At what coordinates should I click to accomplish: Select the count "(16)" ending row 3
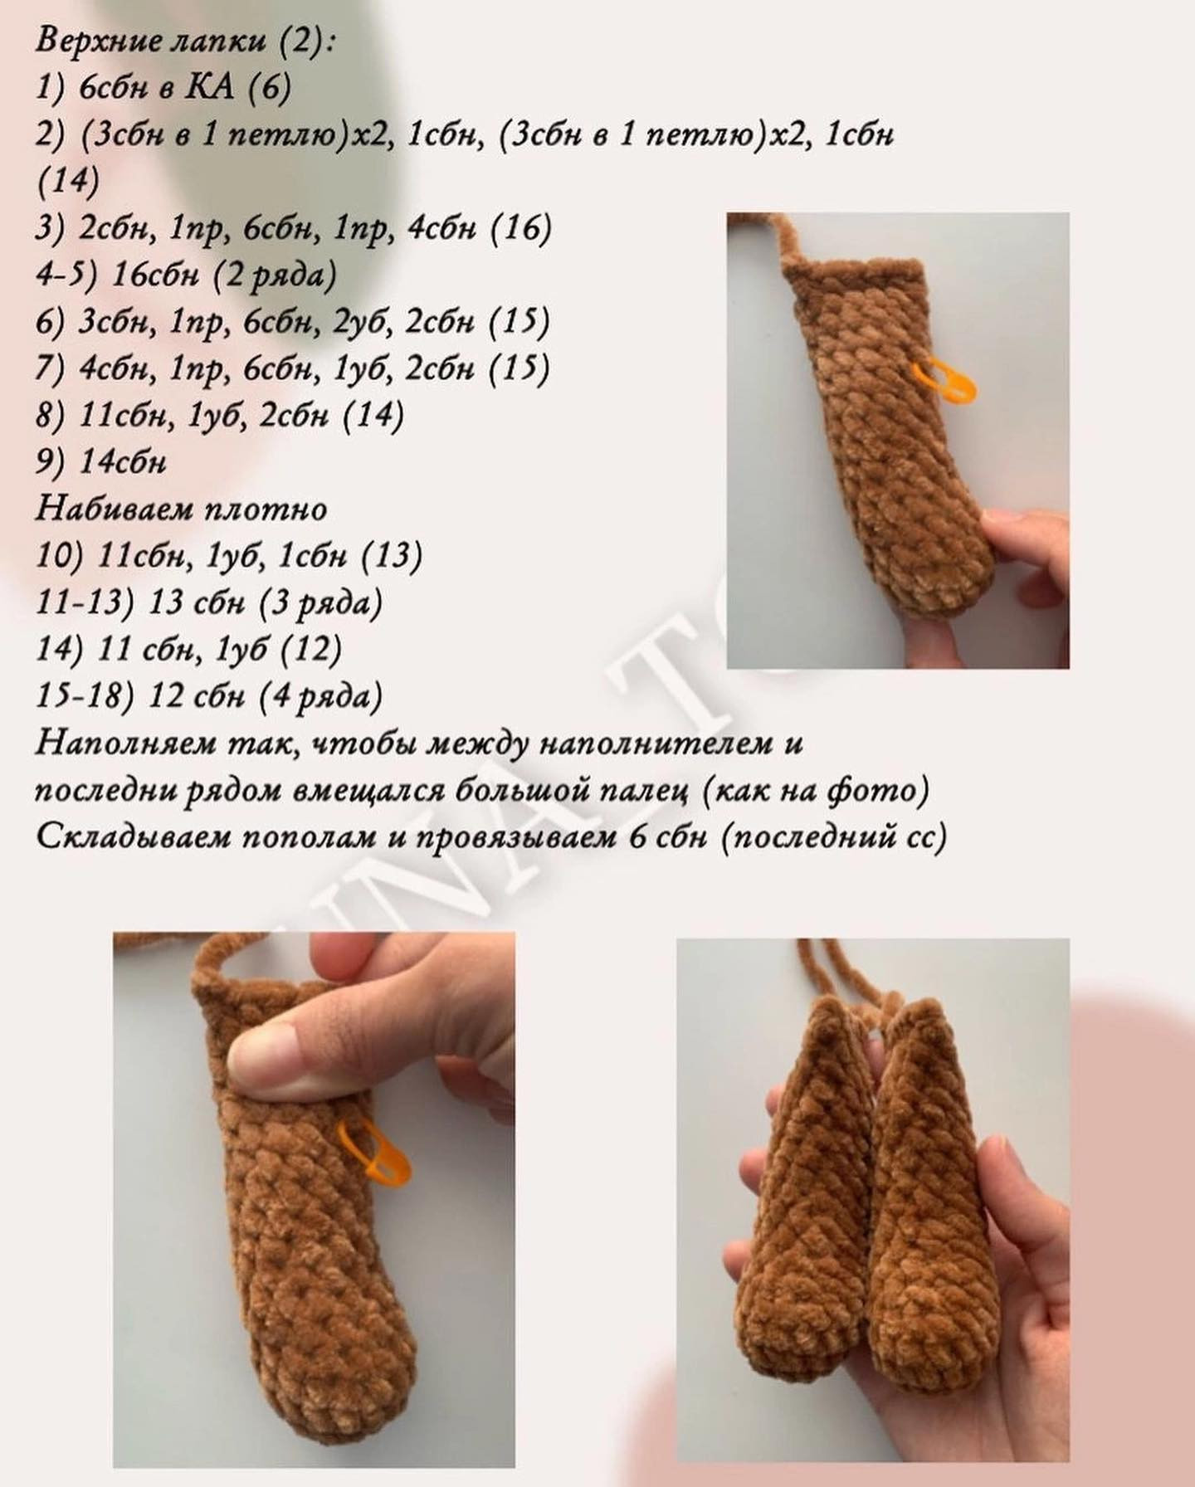[x=521, y=228]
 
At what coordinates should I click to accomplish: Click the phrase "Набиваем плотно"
[x=182, y=508]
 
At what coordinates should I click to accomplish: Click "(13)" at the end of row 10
[x=392, y=555]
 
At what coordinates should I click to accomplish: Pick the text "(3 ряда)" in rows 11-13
[x=321, y=602]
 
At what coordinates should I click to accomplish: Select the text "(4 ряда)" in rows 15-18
[x=321, y=696]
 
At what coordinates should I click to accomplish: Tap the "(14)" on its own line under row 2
[x=68, y=181]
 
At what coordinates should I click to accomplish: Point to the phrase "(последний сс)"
[x=834, y=837]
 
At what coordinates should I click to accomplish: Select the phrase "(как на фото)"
[x=816, y=791]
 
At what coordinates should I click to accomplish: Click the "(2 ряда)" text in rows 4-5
[x=275, y=275]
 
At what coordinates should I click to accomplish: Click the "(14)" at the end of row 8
[x=373, y=415]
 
